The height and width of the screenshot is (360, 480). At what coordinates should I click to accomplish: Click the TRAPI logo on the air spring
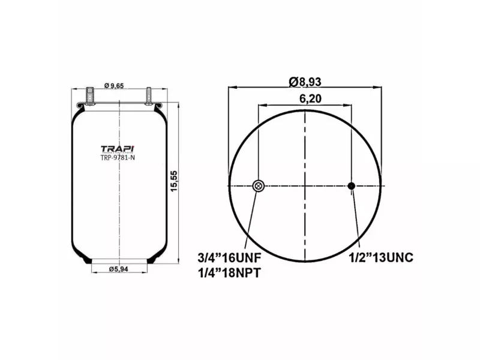[x=117, y=148]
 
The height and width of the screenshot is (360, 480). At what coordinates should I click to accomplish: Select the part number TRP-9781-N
[x=117, y=158]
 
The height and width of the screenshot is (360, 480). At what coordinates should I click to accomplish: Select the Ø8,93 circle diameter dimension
[x=309, y=81]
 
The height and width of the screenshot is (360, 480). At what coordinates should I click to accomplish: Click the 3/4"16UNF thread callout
[x=230, y=258]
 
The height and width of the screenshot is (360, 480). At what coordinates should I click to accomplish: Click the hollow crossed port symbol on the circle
[x=258, y=186]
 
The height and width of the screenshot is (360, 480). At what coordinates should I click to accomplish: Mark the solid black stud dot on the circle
[x=352, y=186]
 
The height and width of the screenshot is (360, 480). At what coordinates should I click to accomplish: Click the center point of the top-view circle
[x=305, y=186]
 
